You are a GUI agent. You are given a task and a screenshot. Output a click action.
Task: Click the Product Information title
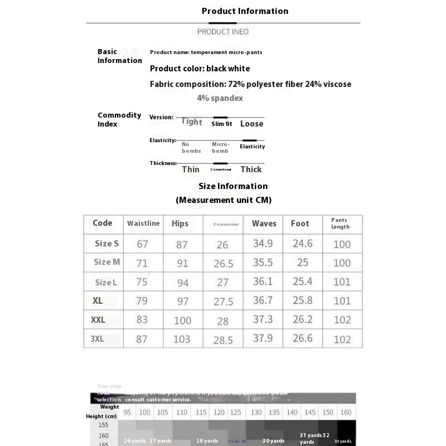pyautogui.click(x=245, y=11)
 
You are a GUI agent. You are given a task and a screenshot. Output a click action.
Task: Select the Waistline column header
pyautogui.click(x=143, y=223)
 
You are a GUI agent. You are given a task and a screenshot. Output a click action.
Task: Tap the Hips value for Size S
pyautogui.click(x=182, y=244)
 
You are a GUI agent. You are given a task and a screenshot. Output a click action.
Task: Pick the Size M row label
pyautogui.click(x=106, y=262)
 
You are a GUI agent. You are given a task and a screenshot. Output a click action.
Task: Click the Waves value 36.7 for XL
pyautogui.click(x=263, y=300)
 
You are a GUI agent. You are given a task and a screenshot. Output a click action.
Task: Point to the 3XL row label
pyautogui.click(x=98, y=338)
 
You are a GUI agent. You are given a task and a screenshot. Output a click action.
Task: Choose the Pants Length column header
pyautogui.click(x=340, y=224)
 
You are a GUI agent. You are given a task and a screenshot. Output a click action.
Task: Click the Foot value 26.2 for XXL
pyautogui.click(x=303, y=319)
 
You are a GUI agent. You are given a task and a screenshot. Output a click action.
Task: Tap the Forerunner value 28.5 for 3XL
pyautogui.click(x=223, y=340)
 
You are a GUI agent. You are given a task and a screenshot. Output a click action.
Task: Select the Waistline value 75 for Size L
pyautogui.click(x=142, y=282)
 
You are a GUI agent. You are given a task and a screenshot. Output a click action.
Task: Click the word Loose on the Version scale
pyautogui.click(x=251, y=124)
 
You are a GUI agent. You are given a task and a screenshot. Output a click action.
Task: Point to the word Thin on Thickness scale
pyautogui.click(x=191, y=169)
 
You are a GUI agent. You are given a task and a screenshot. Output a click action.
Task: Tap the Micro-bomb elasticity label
pyautogui.click(x=220, y=148)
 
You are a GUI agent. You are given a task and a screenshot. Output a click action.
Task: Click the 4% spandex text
pyautogui.click(x=220, y=98)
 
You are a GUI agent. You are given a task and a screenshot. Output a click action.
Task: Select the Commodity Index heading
pyautogui.click(x=119, y=119)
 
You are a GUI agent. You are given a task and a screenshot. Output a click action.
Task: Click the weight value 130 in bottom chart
pyautogui.click(x=256, y=412)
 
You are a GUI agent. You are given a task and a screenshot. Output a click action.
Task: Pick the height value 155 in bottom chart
pyautogui.click(x=104, y=425)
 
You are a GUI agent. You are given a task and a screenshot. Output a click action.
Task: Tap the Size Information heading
pyautogui.click(x=233, y=186)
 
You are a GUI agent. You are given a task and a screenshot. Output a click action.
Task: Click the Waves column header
pyautogui.click(x=264, y=224)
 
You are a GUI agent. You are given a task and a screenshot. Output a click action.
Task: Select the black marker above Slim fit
pyautogui.click(x=220, y=117)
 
